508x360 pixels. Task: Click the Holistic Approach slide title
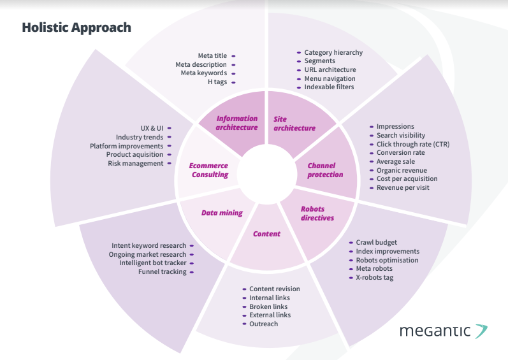(76, 27)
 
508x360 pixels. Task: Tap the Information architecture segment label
(236, 123)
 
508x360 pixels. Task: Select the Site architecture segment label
(294, 124)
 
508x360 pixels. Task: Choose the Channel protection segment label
(325, 170)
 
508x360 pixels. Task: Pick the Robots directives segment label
(317, 213)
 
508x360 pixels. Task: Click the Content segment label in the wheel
(266, 234)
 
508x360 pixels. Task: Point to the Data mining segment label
(222, 213)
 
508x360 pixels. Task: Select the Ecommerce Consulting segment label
(209, 170)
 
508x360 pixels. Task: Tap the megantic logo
(444, 331)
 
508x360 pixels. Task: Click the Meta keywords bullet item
(203, 73)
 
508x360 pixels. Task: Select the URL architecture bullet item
(330, 70)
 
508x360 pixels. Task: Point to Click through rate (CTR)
(412, 144)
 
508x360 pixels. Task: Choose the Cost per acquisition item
(407, 179)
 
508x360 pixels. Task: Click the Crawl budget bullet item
(377, 243)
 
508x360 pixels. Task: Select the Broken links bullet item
(268, 306)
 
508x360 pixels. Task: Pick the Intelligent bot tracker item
(152, 263)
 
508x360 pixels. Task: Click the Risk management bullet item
(135, 163)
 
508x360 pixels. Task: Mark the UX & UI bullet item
(152, 127)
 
